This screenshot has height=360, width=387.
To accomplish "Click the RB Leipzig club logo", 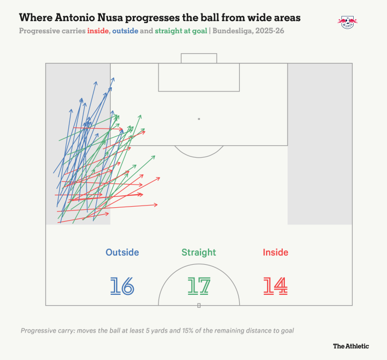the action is (x=348, y=23).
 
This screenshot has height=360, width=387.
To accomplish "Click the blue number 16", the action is (x=122, y=286).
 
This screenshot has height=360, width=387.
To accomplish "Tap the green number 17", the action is (x=199, y=286).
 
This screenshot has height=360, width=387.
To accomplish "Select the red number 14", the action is (x=275, y=286).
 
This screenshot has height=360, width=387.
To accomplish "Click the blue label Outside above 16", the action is (x=122, y=252).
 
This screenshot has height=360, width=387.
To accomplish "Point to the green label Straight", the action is (x=199, y=252).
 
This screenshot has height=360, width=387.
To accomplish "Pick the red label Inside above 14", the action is (x=275, y=252).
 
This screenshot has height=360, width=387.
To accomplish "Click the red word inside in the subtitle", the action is (x=98, y=31).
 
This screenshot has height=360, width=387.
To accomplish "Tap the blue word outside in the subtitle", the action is (x=125, y=31).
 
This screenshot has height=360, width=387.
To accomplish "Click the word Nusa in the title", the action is (x=111, y=18).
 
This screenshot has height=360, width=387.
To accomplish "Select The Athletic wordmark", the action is (x=350, y=346).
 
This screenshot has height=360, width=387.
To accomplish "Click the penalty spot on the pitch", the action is (x=199, y=119).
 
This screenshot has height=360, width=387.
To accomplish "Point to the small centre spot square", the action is (x=199, y=306).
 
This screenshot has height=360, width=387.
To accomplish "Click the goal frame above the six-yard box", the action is (x=199, y=54).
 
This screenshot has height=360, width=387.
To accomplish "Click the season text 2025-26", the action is (x=270, y=31).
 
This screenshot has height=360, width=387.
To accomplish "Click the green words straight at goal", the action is (x=181, y=31).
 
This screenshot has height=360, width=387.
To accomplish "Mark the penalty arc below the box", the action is (x=199, y=157).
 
